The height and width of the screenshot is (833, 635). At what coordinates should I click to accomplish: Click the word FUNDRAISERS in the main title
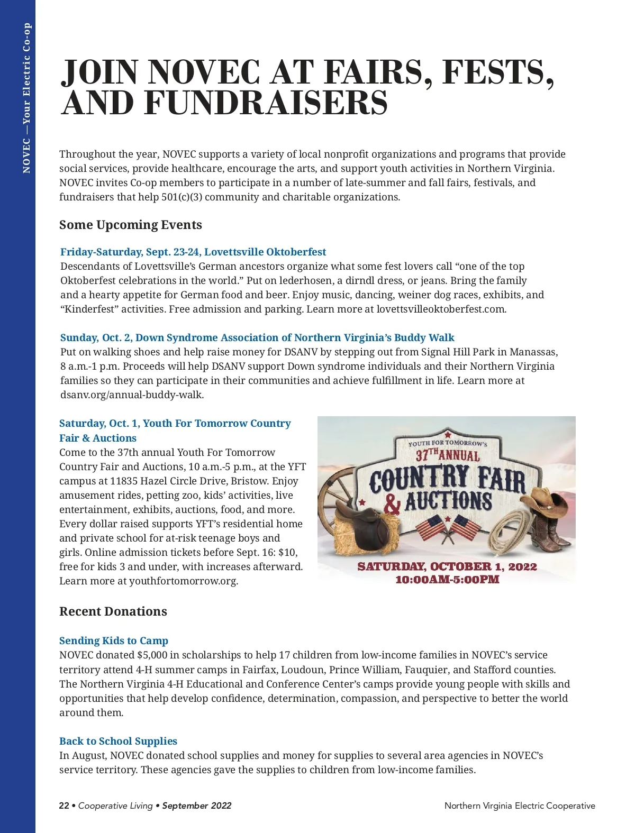coord(266,103)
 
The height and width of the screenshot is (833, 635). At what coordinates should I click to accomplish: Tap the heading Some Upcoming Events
coord(131,225)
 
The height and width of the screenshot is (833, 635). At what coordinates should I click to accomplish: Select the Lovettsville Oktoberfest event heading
coord(193,252)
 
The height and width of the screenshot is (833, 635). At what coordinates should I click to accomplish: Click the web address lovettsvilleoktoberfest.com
coord(441,309)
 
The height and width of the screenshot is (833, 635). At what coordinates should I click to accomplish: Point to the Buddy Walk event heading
coord(257,337)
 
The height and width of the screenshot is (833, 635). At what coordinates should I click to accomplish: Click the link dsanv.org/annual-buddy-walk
coord(132,395)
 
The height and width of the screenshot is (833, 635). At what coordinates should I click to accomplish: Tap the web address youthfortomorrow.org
coord(184,581)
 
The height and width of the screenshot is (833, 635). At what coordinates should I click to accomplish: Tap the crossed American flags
coord(447,526)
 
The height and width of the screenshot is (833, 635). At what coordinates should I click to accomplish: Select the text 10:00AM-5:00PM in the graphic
coord(447,579)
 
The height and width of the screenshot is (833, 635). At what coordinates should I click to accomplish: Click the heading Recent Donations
coord(113,611)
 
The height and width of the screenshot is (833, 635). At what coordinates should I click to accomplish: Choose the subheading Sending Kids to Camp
coord(114,640)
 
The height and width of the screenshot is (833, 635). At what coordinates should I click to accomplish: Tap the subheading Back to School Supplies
coord(118,741)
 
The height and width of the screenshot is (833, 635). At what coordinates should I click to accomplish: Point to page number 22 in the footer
coord(64,805)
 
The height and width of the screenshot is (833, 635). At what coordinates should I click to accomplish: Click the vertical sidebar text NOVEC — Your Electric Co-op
coord(27,98)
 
